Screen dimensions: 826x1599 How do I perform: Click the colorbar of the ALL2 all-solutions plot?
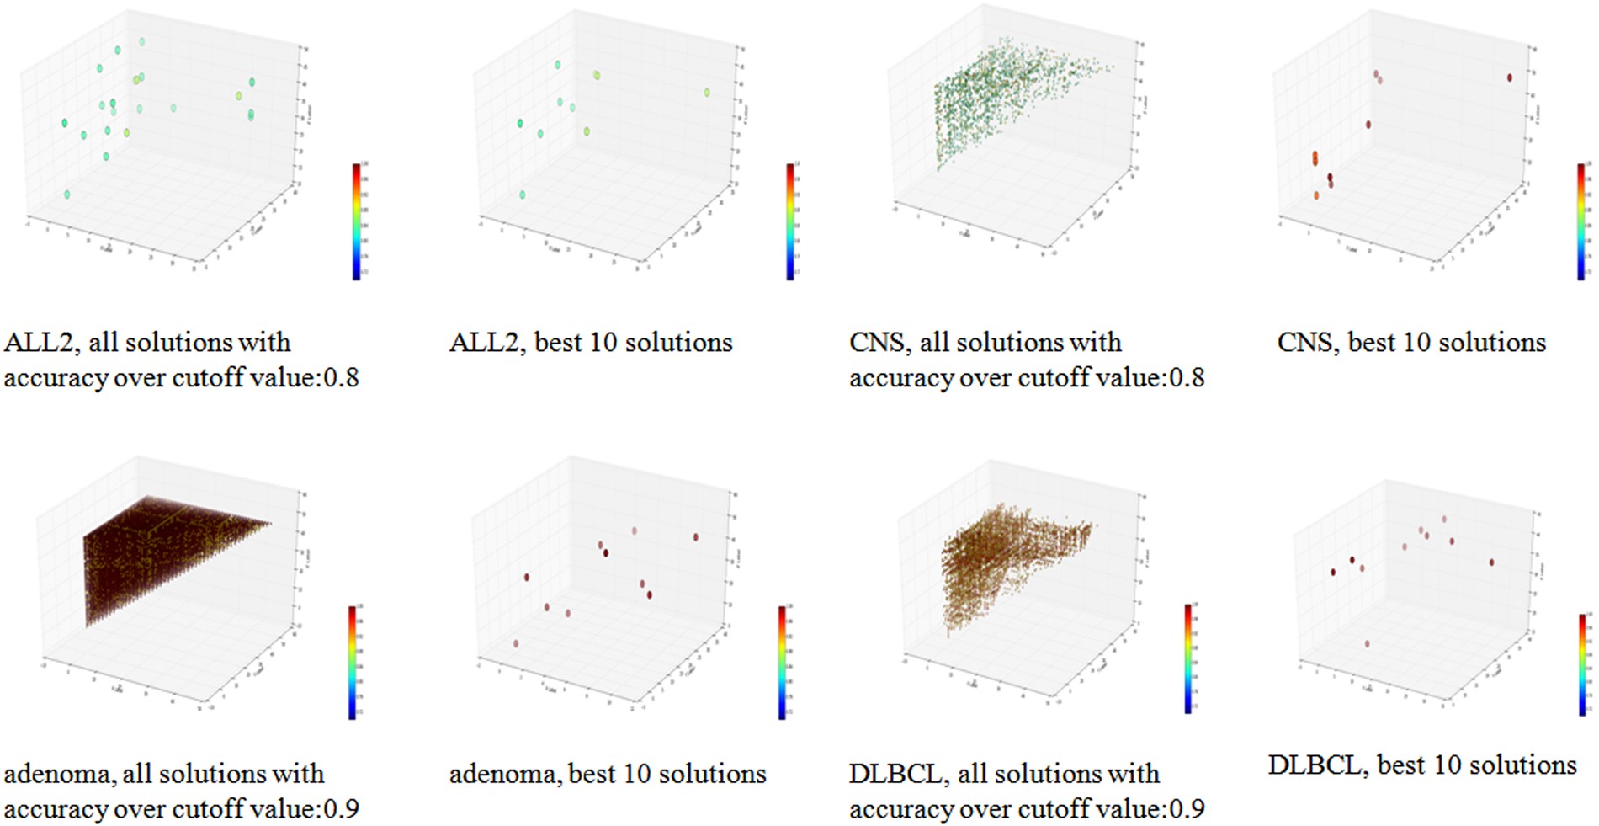pyautogui.click(x=356, y=221)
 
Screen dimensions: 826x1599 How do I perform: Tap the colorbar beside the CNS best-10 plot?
pyautogui.click(x=1581, y=221)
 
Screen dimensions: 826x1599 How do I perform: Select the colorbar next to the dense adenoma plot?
pyautogui.click(x=352, y=662)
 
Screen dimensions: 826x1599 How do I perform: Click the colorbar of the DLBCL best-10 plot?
pyautogui.click(x=1582, y=664)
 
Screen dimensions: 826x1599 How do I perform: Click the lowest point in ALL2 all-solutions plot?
pyautogui.click(x=67, y=195)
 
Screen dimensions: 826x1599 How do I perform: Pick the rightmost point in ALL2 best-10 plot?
pyautogui.click(x=707, y=93)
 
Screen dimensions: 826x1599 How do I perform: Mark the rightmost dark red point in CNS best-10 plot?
pyautogui.click(x=1510, y=77)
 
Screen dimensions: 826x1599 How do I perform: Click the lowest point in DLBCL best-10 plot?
pyautogui.click(x=1367, y=644)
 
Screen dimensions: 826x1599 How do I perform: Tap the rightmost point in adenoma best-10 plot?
pyautogui.click(x=695, y=536)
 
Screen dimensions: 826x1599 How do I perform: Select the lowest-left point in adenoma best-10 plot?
pyautogui.click(x=516, y=643)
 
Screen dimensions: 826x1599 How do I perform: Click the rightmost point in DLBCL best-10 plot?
pyautogui.click(x=1491, y=562)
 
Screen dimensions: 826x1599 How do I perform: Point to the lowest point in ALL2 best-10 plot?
pyautogui.click(x=523, y=195)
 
